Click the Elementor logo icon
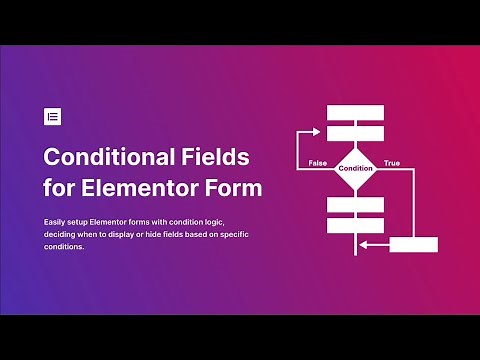click(x=53, y=116)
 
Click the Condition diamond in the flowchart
click(x=355, y=168)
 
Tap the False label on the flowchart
click(x=317, y=163)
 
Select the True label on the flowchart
click(x=392, y=163)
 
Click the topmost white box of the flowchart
click(x=355, y=111)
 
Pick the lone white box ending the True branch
click(x=413, y=244)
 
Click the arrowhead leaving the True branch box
click(x=365, y=244)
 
